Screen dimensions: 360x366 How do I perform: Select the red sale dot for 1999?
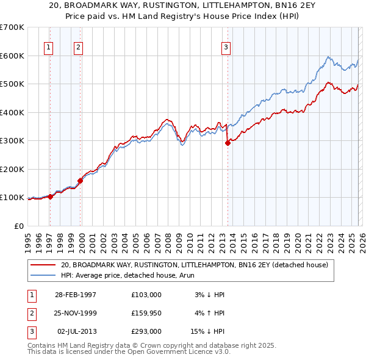(80, 181)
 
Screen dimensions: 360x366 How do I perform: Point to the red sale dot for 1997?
(51, 196)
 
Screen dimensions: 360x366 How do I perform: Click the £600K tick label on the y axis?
(12, 56)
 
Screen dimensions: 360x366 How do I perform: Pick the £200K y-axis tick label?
(12, 169)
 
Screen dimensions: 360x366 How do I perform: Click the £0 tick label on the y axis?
(18, 226)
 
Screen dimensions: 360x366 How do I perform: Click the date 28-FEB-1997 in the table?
(76, 295)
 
